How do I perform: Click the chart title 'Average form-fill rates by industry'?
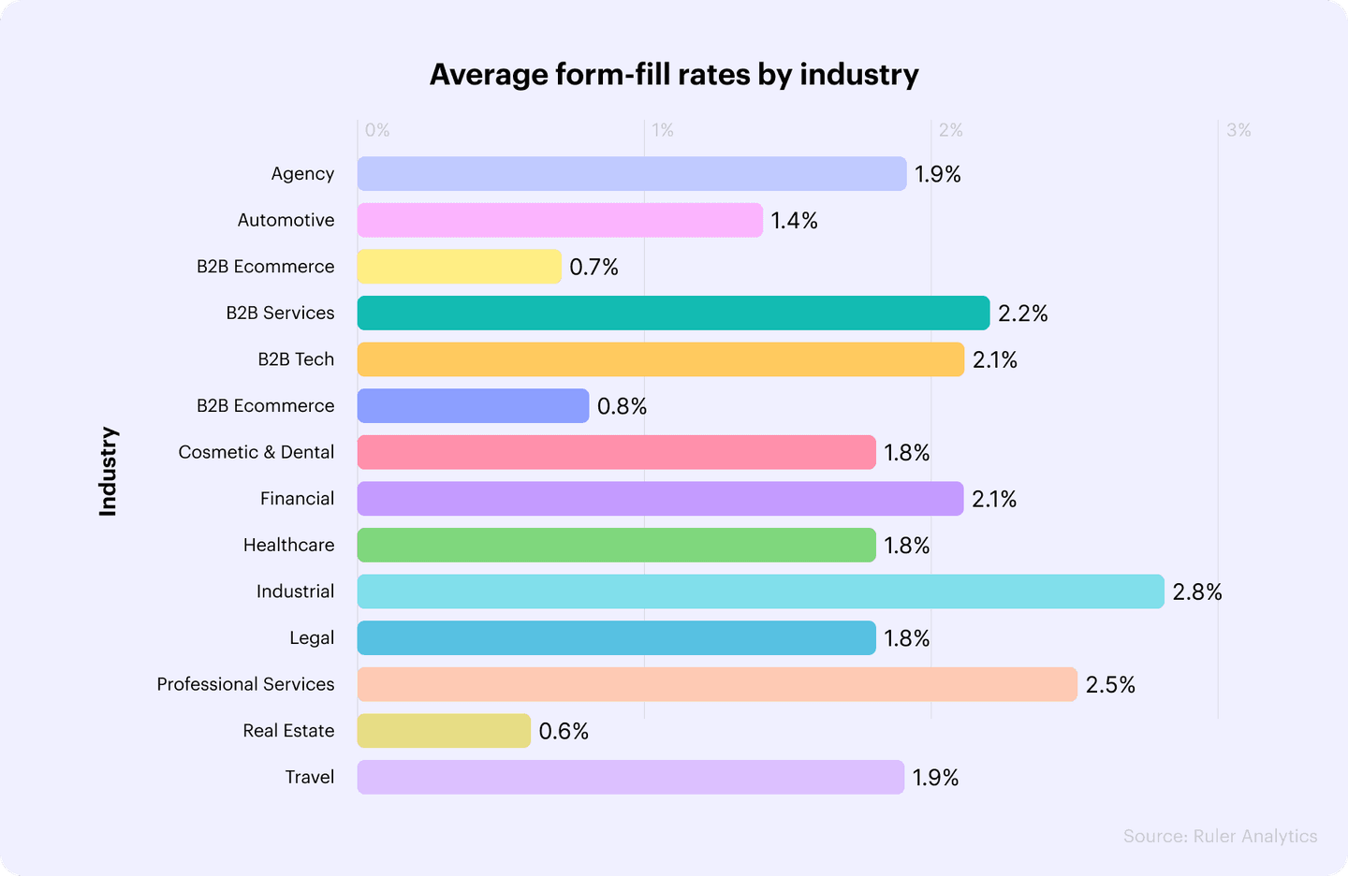click(x=674, y=75)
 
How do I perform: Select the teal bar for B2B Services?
click(x=673, y=313)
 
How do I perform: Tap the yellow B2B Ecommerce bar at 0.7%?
click(x=459, y=267)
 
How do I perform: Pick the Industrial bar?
click(x=760, y=591)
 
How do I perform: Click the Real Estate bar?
click(x=444, y=731)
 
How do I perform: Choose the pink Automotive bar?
click(x=560, y=220)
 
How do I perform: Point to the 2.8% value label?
click(x=1197, y=592)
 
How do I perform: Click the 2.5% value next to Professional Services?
click(x=1110, y=685)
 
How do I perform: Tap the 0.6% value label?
click(x=564, y=731)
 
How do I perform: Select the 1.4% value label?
click(x=794, y=221)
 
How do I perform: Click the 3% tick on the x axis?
click(x=1238, y=131)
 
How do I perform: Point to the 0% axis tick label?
click(x=377, y=131)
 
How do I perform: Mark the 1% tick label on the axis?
click(x=663, y=131)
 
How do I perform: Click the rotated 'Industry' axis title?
click(x=109, y=472)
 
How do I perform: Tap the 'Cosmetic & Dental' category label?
click(x=256, y=452)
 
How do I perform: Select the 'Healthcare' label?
click(x=288, y=545)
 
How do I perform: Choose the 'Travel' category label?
click(x=310, y=777)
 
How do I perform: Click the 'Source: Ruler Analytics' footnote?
click(x=1220, y=837)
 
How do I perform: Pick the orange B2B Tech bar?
click(x=660, y=359)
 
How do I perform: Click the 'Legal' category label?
click(x=312, y=638)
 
